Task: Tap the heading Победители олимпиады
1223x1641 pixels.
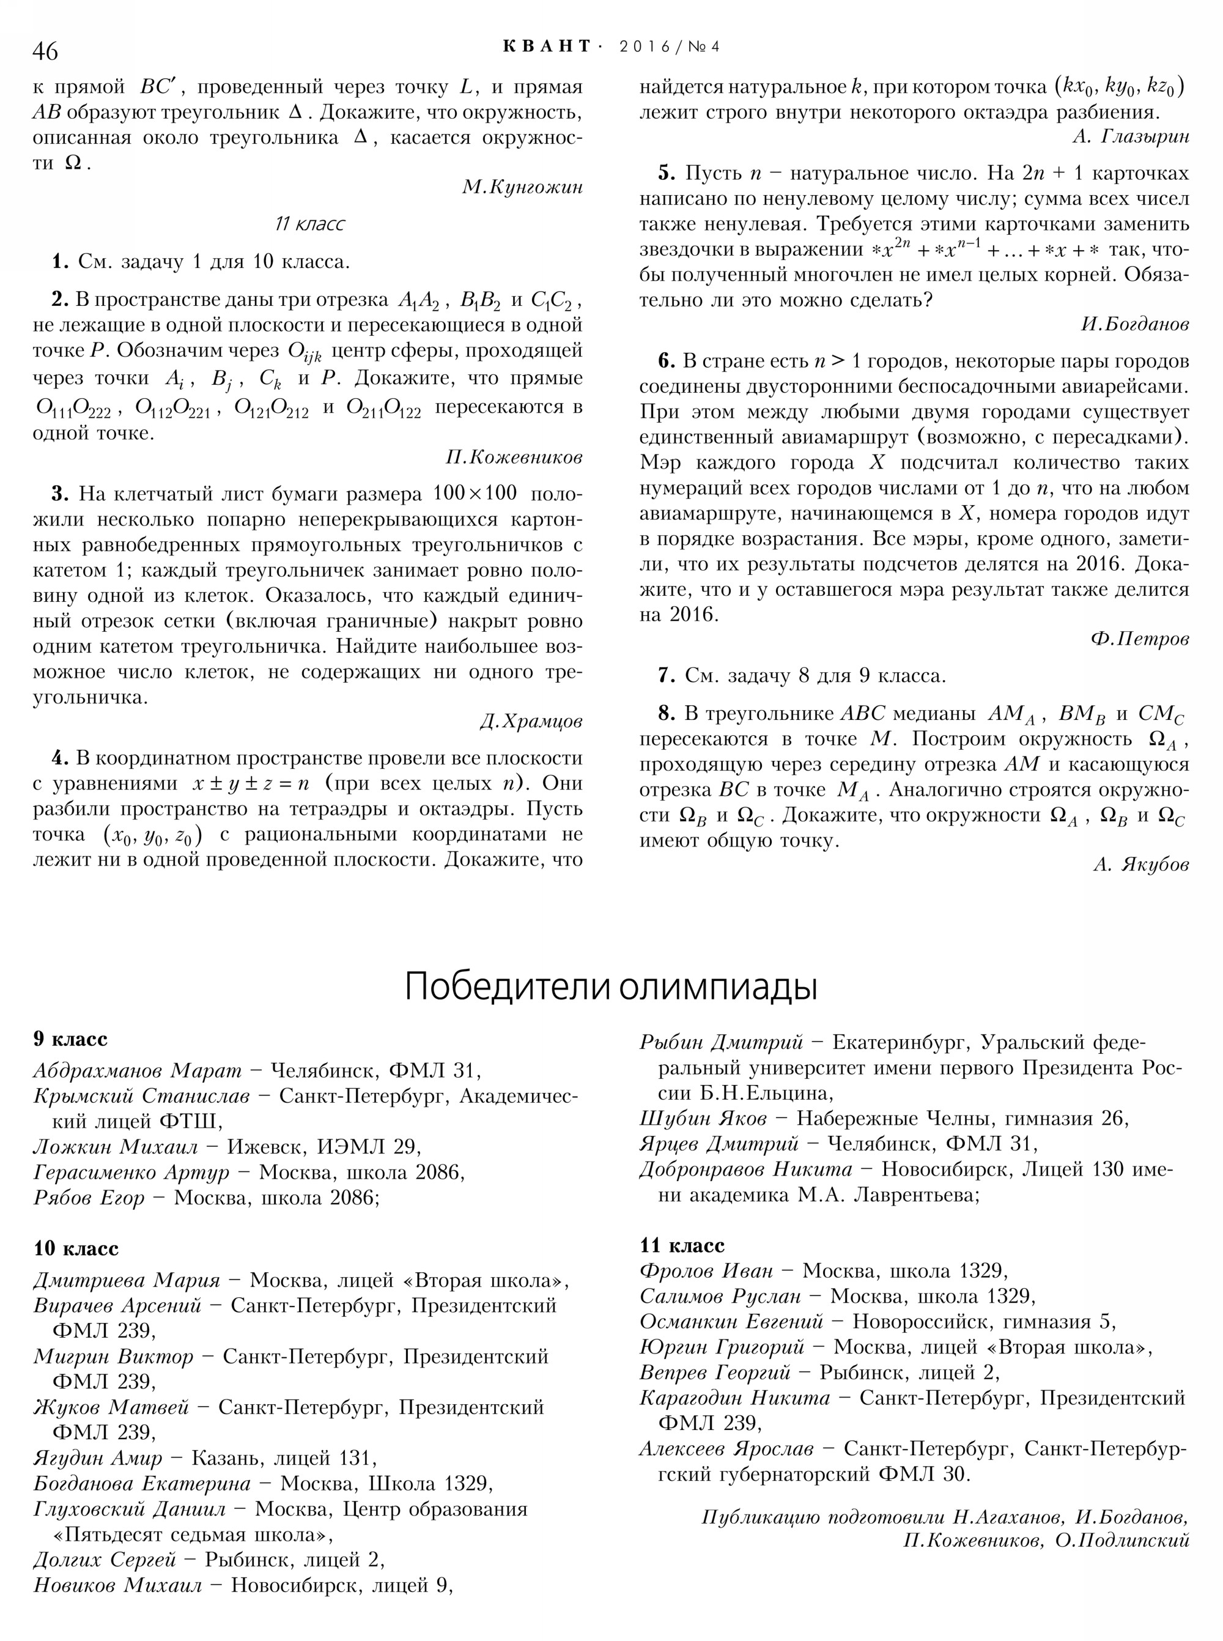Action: point(611,987)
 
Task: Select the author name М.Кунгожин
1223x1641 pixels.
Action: point(523,187)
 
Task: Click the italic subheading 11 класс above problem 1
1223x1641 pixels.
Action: point(309,224)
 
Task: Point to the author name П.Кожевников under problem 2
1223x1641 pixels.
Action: point(514,457)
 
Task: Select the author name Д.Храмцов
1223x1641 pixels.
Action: point(531,720)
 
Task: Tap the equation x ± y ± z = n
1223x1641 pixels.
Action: point(250,783)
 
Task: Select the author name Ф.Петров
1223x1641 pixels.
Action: point(1139,639)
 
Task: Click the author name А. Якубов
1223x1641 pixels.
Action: point(1141,865)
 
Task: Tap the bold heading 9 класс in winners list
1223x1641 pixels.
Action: point(70,1039)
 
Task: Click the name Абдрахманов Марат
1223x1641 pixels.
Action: point(138,1071)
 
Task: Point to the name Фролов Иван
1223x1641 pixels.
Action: point(706,1271)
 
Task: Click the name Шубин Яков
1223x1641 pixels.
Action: point(703,1118)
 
